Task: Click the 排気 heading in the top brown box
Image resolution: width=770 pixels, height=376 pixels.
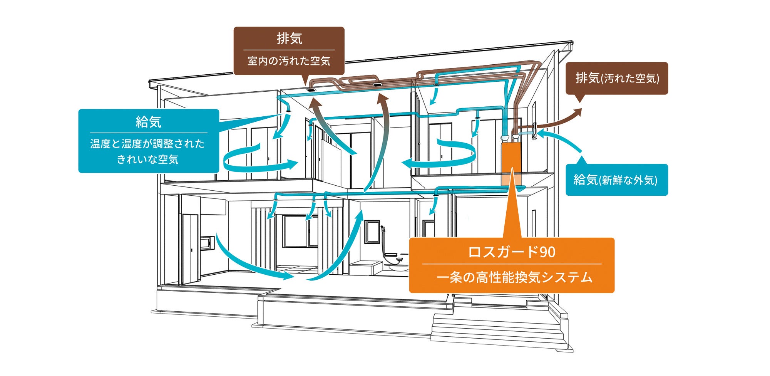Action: coord(289,39)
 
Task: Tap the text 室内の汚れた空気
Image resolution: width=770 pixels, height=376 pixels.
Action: coord(289,61)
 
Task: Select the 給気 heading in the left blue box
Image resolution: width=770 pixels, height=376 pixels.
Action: coord(148,122)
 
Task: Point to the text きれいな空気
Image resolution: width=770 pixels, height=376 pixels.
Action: coord(148,159)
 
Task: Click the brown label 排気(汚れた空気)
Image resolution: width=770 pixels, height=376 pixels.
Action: coord(617,78)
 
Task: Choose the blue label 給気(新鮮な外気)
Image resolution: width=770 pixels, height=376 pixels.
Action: coord(616,180)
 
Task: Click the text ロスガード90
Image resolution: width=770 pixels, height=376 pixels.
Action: coord(512,252)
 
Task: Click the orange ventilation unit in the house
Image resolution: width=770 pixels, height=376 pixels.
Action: coord(511,158)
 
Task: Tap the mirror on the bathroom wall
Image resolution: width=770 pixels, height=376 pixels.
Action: coord(372,232)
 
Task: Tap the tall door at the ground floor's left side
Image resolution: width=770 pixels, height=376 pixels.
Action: coord(191,248)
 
